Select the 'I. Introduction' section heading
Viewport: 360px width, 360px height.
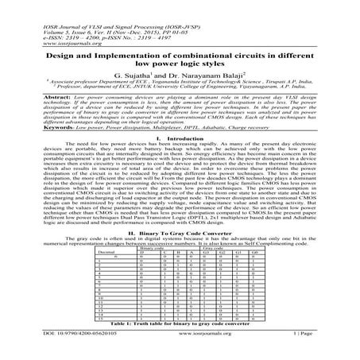180,160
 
